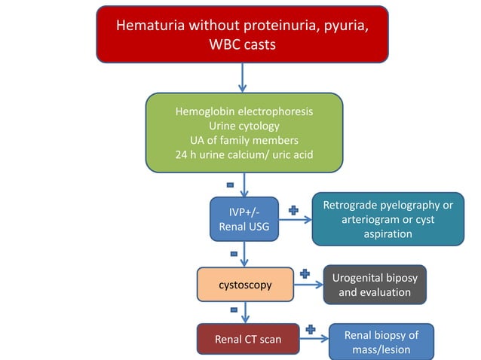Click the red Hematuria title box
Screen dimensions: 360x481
pos(242,35)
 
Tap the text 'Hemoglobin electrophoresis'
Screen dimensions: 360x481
pos(244,111)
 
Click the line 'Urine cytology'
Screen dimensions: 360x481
pos(244,126)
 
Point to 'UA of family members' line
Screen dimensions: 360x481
pos(244,140)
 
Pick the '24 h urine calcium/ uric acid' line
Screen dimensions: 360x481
pos(244,155)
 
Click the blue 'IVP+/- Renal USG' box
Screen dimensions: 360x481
pos(244,218)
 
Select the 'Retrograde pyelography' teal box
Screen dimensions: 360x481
pos(388,219)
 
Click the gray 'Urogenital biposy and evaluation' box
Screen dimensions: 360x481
pos(375,284)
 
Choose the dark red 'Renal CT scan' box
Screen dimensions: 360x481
pos(248,339)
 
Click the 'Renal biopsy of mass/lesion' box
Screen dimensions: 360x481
pos(381,342)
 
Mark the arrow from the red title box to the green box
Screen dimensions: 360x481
pos(244,78)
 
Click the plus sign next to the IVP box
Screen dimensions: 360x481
pos(293,210)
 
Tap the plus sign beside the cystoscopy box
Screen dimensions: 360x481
pos(305,273)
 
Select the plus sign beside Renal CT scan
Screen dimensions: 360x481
pos(310,329)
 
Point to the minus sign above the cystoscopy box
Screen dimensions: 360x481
pos(233,253)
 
